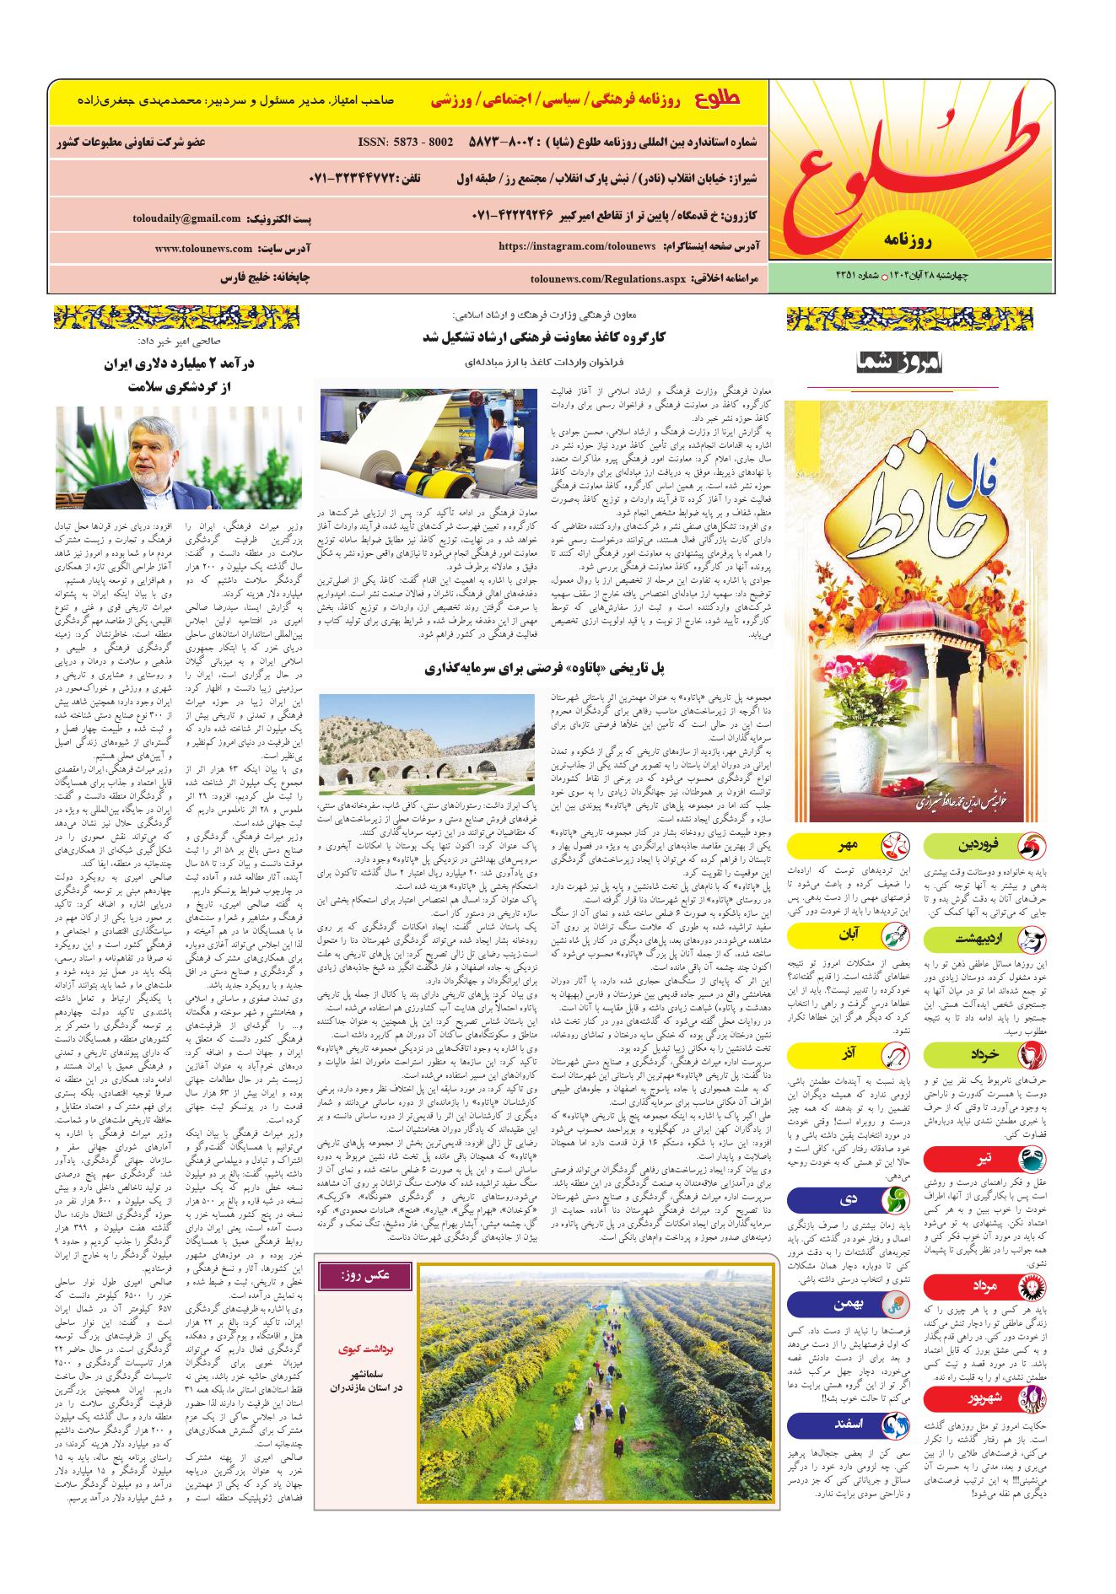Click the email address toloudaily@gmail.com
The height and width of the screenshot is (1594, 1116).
(186, 218)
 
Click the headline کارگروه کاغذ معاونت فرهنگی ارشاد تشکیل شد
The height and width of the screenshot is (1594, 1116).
(546, 337)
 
